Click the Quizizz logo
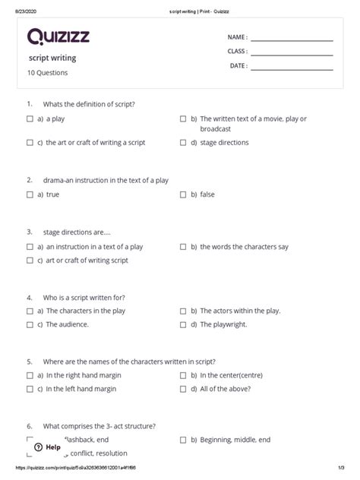pyautogui.click(x=57, y=36)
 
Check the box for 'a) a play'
pyautogui.click(x=30, y=119)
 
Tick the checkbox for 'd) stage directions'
pyautogui.click(x=183, y=142)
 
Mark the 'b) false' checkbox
pyautogui.click(x=183, y=194)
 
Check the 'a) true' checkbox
pyautogui.click(x=30, y=194)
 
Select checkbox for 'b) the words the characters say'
pyautogui.click(x=183, y=247)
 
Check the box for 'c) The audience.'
pyautogui.click(x=30, y=324)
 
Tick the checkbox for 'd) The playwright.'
pyautogui.click(x=183, y=324)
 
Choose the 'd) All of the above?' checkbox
pyautogui.click(x=183, y=388)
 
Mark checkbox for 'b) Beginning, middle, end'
pyautogui.click(x=183, y=440)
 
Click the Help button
pyautogui.click(x=47, y=447)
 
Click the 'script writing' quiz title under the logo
pyautogui.click(x=52, y=58)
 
